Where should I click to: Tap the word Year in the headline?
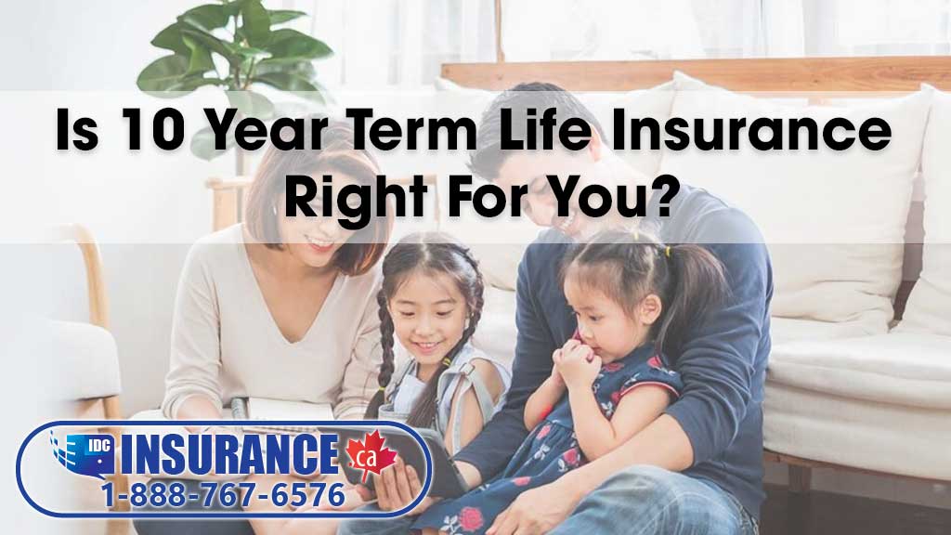click(x=267, y=128)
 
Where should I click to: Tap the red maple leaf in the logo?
click(x=371, y=456)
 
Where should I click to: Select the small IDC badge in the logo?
click(x=98, y=446)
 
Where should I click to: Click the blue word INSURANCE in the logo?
click(x=229, y=453)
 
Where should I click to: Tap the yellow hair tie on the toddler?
click(x=667, y=251)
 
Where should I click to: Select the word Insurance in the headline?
click(x=750, y=128)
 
